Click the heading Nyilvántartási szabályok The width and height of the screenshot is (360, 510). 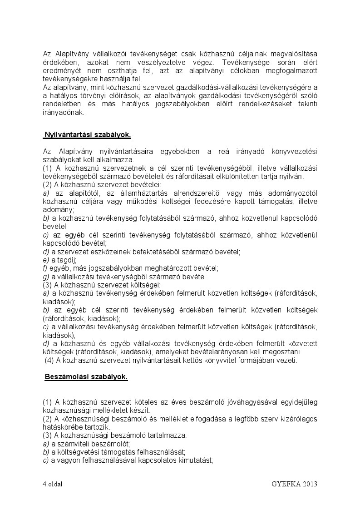click(87, 135)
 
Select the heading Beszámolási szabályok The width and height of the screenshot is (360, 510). click(86, 376)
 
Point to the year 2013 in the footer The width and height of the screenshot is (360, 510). click(307, 484)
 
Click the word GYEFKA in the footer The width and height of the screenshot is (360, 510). click(284, 484)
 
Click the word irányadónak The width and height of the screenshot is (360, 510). click(63, 113)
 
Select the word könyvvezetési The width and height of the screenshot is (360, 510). click(295, 151)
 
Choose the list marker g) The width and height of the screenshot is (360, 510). click(45, 277)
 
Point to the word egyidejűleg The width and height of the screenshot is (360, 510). click(295, 402)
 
